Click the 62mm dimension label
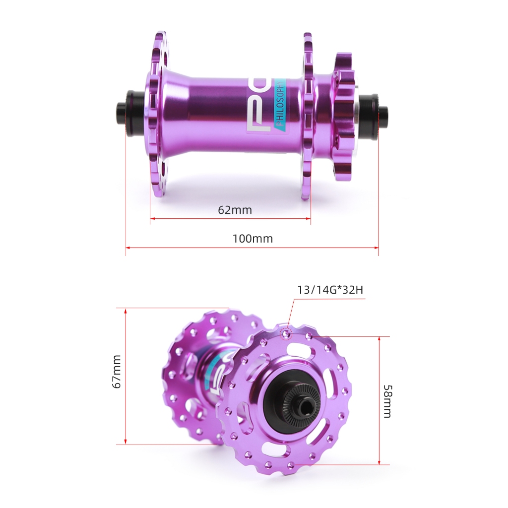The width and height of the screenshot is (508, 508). [235, 210]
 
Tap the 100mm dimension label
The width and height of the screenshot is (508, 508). [253, 239]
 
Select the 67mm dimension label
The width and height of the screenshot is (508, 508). [116, 372]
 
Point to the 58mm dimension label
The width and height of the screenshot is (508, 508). [387, 401]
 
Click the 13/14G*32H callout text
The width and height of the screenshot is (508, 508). [330, 290]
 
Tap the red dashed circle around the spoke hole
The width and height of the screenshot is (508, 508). [286, 334]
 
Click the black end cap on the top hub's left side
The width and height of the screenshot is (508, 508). [131, 114]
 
